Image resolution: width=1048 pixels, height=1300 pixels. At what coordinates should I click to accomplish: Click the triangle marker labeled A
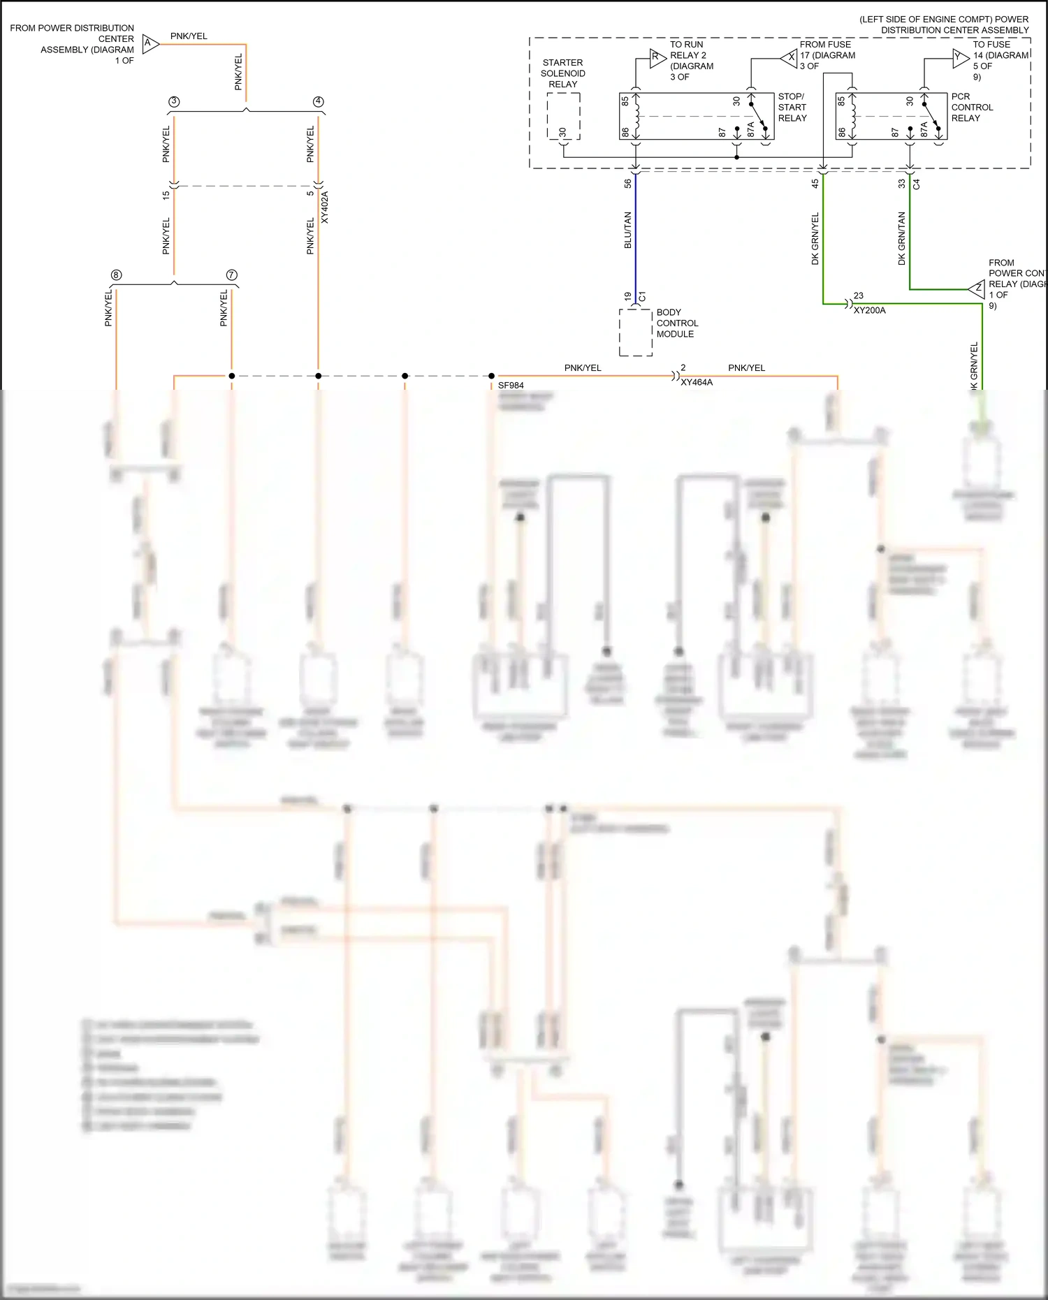coord(150,43)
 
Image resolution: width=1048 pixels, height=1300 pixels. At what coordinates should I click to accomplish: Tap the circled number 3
coord(174,102)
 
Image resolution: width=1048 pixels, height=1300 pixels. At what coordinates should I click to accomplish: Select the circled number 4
coord(319,102)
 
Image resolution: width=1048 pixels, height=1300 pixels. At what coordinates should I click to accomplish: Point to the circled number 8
coord(117,275)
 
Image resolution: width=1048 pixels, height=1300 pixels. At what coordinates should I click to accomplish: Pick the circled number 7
coord(232,275)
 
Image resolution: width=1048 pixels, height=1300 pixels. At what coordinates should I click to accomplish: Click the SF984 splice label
coord(511,386)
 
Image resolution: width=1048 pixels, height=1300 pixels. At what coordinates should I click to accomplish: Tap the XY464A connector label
coord(697,383)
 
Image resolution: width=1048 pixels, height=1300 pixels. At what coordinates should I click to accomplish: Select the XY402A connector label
coord(325,207)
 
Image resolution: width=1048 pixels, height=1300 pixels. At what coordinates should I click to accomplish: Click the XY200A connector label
coord(869,310)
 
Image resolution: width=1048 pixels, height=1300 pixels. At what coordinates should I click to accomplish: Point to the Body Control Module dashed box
coord(636,333)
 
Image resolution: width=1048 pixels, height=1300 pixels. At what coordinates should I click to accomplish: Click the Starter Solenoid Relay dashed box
coord(563,116)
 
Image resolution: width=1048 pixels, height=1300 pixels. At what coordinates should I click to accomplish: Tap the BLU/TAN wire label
coord(627,231)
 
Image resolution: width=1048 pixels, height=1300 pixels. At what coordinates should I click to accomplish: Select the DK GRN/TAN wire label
coord(901,238)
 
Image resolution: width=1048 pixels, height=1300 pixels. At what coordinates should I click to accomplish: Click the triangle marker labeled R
coord(657,59)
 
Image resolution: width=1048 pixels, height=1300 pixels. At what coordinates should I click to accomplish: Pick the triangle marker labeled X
coord(789,58)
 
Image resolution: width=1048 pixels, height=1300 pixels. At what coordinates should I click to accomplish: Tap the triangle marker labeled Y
coord(959,58)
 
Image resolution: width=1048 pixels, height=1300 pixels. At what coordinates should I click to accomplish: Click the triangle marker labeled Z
coord(977,289)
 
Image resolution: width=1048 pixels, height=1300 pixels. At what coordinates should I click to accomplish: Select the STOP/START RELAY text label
coord(792,108)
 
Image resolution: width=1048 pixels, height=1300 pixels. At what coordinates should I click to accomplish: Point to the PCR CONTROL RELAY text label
coord(972,108)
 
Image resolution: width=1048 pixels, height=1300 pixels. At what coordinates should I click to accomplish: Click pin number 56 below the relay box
coord(627,184)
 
